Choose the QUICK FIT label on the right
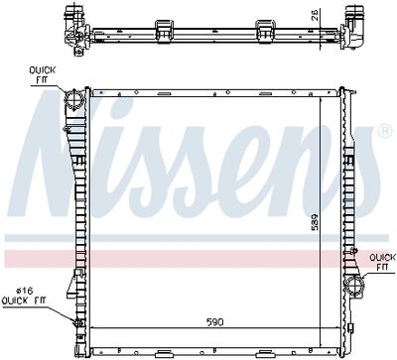tap(380, 262)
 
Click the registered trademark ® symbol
tap(384, 131)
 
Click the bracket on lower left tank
tap(71, 291)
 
